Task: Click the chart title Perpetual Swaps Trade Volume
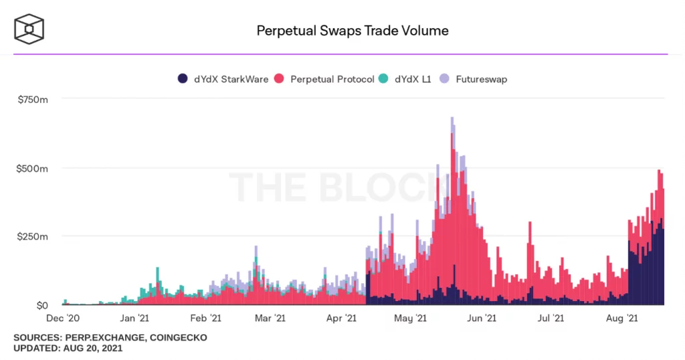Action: (x=353, y=31)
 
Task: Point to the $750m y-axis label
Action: (x=32, y=99)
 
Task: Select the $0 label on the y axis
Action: (x=41, y=305)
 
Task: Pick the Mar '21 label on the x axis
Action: (x=270, y=319)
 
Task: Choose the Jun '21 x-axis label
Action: (x=480, y=319)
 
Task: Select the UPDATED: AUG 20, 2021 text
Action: (x=68, y=349)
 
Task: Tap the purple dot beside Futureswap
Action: (x=445, y=79)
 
